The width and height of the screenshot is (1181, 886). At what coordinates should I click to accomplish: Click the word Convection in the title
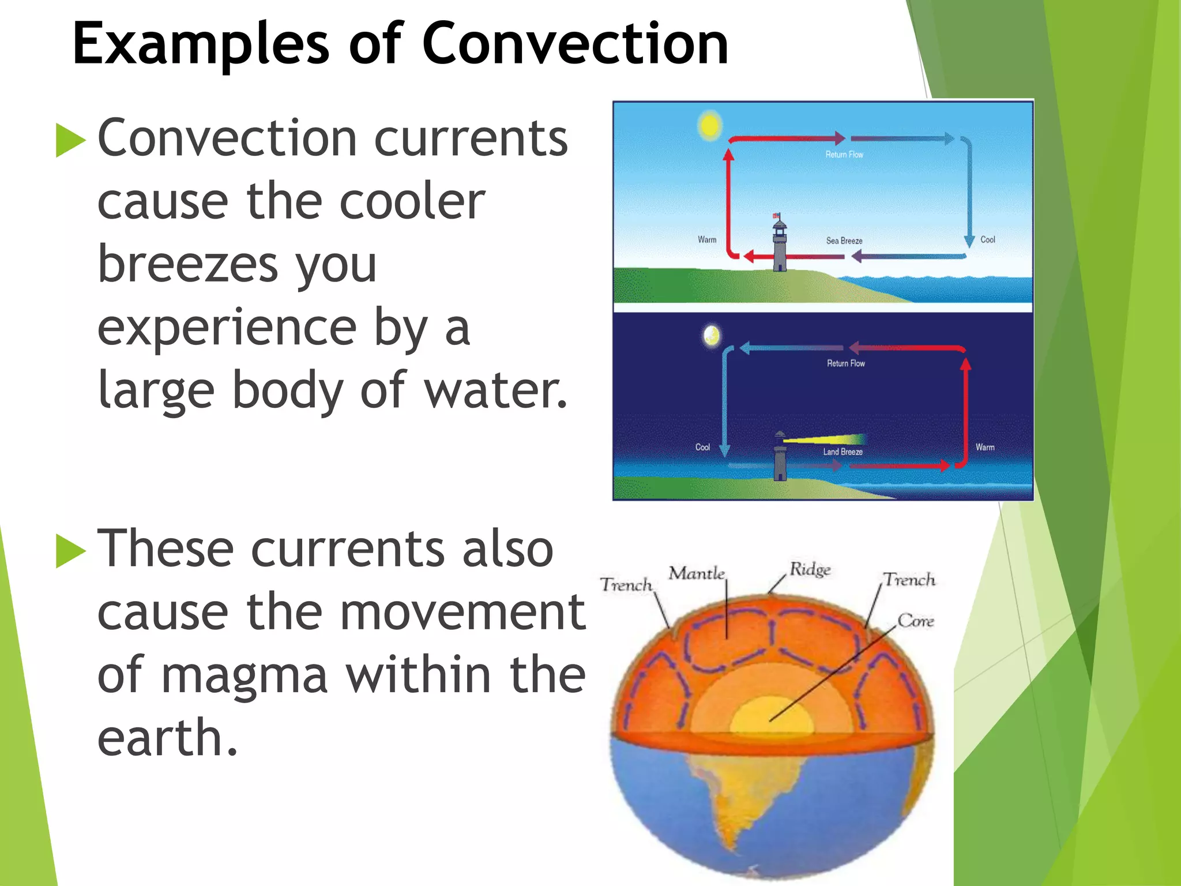(575, 44)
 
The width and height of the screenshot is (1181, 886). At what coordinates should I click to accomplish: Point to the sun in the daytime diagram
(709, 125)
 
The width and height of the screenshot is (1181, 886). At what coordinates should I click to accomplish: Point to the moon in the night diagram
(712, 336)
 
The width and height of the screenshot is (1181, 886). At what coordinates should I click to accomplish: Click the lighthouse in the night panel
(780, 457)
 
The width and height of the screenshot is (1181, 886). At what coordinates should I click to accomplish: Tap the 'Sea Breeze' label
(844, 241)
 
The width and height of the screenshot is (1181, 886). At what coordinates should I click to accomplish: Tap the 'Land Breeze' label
(843, 452)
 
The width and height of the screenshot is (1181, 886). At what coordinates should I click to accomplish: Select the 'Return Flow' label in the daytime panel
(844, 155)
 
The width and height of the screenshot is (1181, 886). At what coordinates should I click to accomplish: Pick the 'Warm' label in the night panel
(985, 447)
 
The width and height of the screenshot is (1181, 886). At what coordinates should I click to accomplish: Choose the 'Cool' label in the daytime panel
(987, 239)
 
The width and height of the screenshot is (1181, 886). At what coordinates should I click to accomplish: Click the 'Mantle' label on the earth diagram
(696, 573)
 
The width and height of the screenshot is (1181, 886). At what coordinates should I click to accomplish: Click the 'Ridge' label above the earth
(810, 569)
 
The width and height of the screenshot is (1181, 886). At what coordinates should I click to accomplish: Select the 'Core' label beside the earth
(916, 621)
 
